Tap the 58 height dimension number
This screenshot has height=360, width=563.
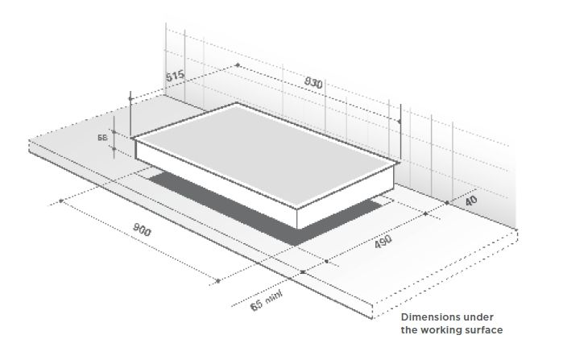(x=103, y=138)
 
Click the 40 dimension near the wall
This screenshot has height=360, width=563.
(x=472, y=200)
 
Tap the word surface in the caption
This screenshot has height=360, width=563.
(x=483, y=329)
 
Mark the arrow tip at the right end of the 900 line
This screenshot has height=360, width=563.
(x=218, y=281)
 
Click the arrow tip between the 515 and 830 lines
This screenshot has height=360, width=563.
(x=238, y=64)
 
